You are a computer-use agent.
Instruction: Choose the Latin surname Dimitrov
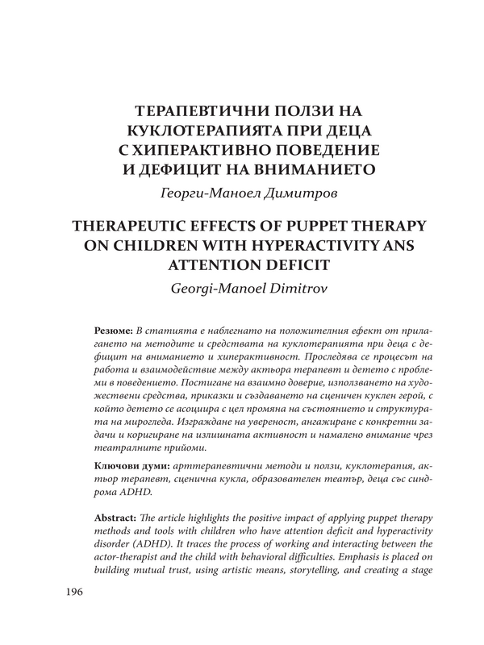(x=296, y=287)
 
